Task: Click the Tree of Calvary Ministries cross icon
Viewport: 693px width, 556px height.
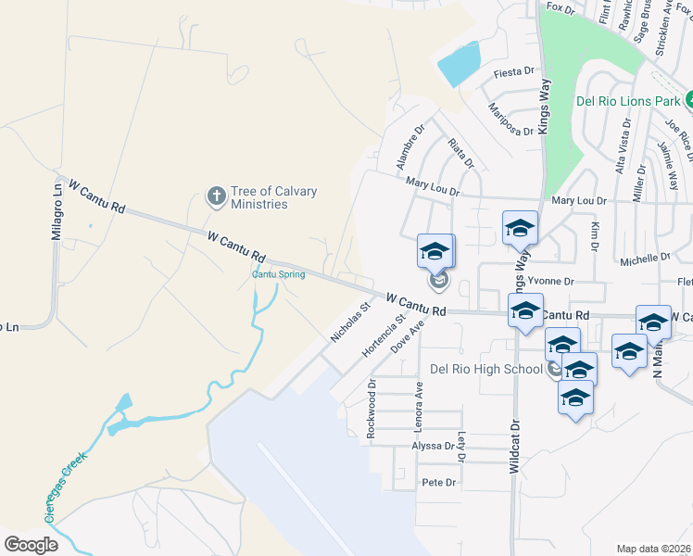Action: [x=216, y=196]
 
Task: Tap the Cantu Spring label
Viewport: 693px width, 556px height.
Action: [x=279, y=274]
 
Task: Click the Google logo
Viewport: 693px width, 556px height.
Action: [x=31, y=544]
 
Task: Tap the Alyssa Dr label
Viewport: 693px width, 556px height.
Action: [x=433, y=446]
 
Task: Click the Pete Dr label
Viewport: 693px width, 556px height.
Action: [x=439, y=482]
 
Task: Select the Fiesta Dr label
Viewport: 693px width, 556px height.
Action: [x=516, y=70]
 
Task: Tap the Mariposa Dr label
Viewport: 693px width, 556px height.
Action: [x=512, y=117]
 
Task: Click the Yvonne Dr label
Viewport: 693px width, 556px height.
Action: [x=551, y=281]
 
